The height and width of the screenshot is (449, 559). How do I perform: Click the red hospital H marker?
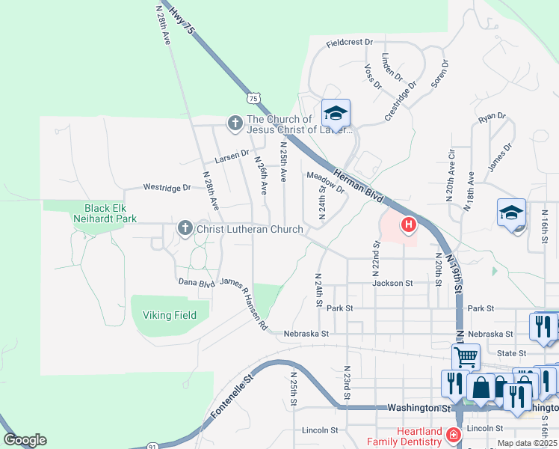(x=409, y=224)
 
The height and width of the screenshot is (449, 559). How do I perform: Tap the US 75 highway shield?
(x=254, y=98)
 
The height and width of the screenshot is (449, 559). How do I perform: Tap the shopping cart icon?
(x=465, y=358)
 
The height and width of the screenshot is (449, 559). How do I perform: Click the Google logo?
(x=25, y=440)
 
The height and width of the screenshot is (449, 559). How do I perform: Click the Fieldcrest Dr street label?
(x=349, y=43)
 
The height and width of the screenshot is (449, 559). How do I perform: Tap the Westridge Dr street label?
(x=167, y=187)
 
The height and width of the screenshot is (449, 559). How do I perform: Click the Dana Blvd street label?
(x=197, y=282)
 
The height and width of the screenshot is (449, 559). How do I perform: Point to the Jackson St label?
(x=392, y=284)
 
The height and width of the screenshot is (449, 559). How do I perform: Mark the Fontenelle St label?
(x=232, y=397)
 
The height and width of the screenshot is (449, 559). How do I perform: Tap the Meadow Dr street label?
(x=325, y=182)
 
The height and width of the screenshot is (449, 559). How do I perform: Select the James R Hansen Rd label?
(x=244, y=305)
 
